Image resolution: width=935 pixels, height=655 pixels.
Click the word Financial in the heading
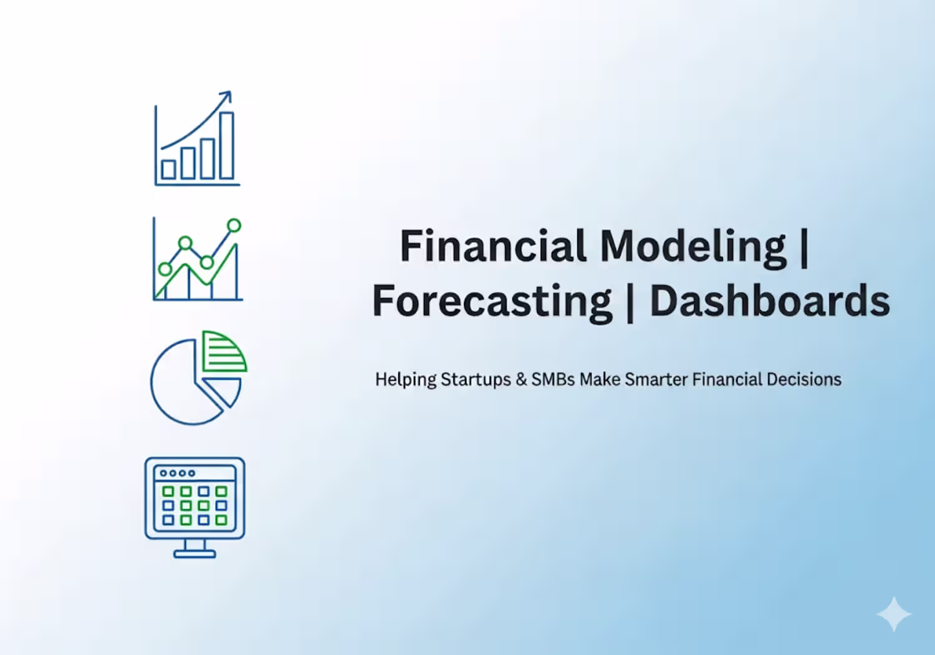point(493,246)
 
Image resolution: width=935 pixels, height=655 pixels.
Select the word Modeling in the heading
point(693,249)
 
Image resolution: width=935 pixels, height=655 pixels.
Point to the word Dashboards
point(770,301)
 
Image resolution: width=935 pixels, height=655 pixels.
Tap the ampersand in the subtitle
point(521,379)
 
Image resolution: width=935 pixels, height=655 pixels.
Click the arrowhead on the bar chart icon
point(226,96)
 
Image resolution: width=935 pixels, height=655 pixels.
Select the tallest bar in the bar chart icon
point(227,145)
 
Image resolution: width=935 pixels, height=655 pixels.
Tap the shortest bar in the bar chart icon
point(168,170)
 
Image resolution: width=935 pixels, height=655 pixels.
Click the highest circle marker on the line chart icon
point(234,226)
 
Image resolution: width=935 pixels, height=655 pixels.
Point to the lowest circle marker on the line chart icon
point(165,269)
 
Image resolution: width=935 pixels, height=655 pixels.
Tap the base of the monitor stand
point(194,555)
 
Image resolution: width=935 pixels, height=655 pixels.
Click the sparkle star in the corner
point(894,614)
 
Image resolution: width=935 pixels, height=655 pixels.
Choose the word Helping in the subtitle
point(406,380)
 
